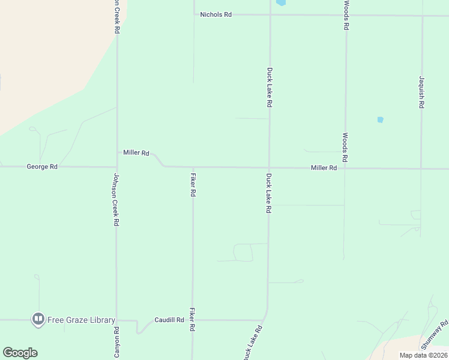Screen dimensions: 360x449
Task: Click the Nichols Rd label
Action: pyautogui.click(x=215, y=14)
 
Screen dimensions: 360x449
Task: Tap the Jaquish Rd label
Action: pyautogui.click(x=422, y=92)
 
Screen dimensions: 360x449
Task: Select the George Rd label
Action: pyautogui.click(x=42, y=167)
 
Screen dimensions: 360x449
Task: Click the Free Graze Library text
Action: pyautogui.click(x=82, y=320)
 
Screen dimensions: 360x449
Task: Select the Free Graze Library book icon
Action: pyautogui.click(x=38, y=319)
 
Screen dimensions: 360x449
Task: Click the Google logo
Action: pyautogui.click(x=20, y=353)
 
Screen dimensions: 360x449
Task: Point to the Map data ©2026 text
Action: pyautogui.click(x=424, y=355)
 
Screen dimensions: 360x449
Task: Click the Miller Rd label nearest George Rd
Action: pyautogui.click(x=136, y=153)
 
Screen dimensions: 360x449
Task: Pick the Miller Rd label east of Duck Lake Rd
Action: pyautogui.click(x=324, y=169)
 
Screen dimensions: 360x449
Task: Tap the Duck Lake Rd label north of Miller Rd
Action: pyautogui.click(x=270, y=87)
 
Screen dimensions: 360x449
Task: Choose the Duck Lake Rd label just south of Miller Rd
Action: pyautogui.click(x=270, y=194)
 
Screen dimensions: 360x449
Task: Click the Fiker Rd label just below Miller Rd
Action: pyautogui.click(x=193, y=185)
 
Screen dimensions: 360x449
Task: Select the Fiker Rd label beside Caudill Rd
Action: pyautogui.click(x=193, y=320)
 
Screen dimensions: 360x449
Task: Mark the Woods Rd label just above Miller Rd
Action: pyautogui.click(x=346, y=148)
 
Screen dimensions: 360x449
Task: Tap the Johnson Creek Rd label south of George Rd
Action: pyautogui.click(x=116, y=200)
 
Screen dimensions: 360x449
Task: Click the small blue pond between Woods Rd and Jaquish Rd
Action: pyautogui.click(x=380, y=120)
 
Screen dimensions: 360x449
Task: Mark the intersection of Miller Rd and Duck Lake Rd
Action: pyautogui.click(x=270, y=168)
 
